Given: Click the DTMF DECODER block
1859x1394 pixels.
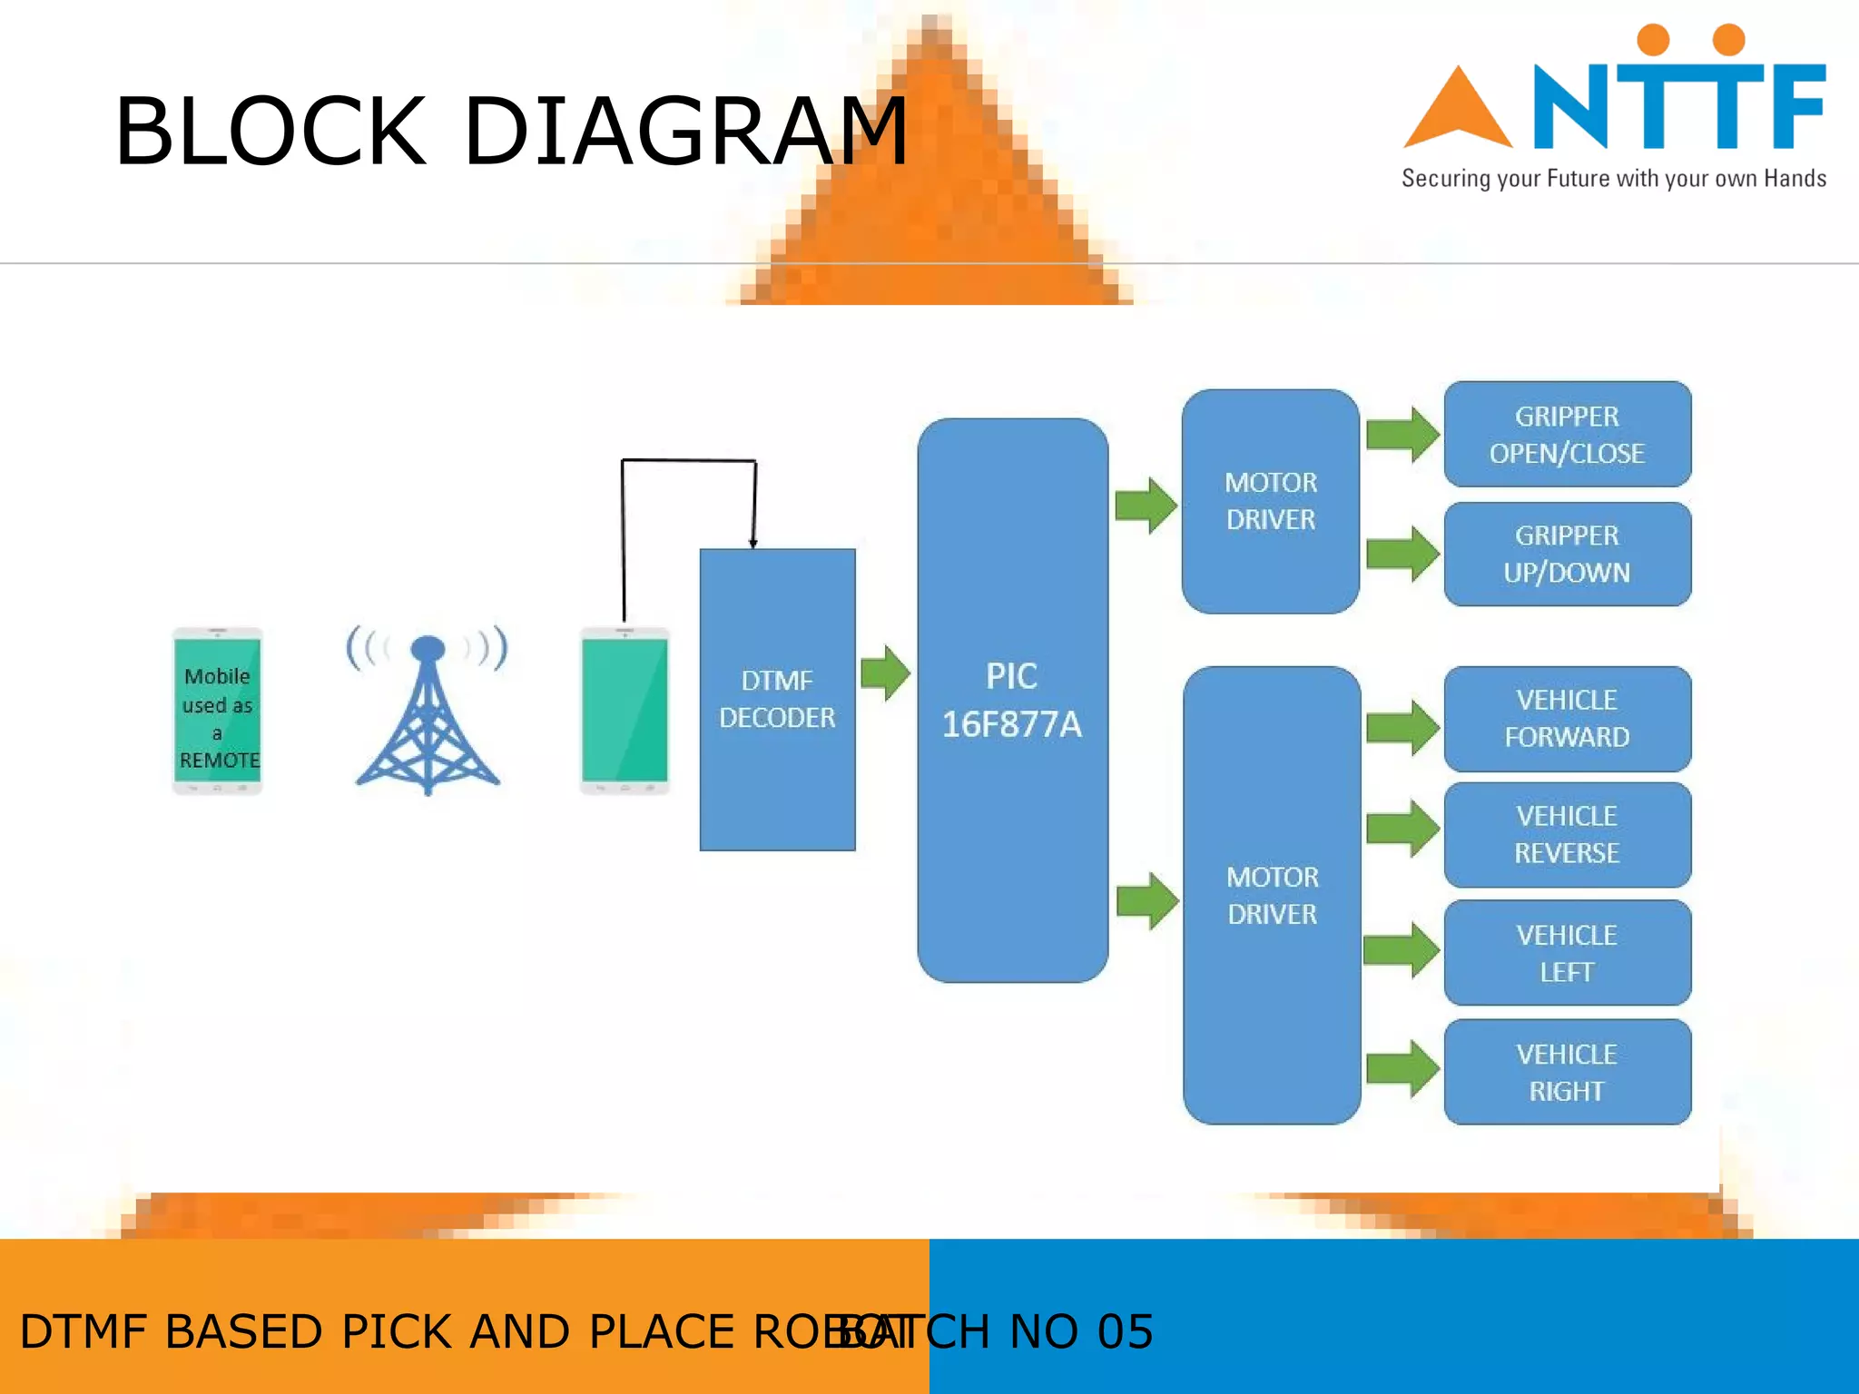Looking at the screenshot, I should (777, 699).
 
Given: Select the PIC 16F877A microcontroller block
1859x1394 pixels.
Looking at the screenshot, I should (1012, 700).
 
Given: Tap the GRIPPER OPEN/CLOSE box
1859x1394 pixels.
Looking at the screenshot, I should (1567, 435).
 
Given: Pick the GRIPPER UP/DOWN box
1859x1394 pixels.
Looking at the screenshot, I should (1567, 554).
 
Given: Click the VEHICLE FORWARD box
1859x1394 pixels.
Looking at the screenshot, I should (1567, 719).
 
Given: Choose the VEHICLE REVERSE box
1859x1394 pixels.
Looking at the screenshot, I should (1567, 835).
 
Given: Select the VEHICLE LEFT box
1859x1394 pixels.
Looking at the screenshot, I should (1567, 953).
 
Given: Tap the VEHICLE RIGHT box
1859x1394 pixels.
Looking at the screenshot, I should (1567, 1072).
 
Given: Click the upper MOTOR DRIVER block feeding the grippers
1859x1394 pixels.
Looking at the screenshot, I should (1270, 501).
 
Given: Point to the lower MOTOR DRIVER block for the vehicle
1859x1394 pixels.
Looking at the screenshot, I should (1272, 896).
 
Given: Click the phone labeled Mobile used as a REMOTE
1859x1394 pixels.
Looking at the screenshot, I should (217, 711).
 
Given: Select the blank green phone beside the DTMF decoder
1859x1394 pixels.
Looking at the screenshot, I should (625, 711).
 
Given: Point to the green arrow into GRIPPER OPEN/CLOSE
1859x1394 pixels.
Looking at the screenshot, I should (1402, 435).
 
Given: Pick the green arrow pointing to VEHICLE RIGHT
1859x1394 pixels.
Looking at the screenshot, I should (1402, 1069).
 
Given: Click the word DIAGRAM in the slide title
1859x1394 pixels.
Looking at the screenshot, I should (685, 133).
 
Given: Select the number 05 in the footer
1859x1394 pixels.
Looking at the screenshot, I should (1125, 1331).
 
